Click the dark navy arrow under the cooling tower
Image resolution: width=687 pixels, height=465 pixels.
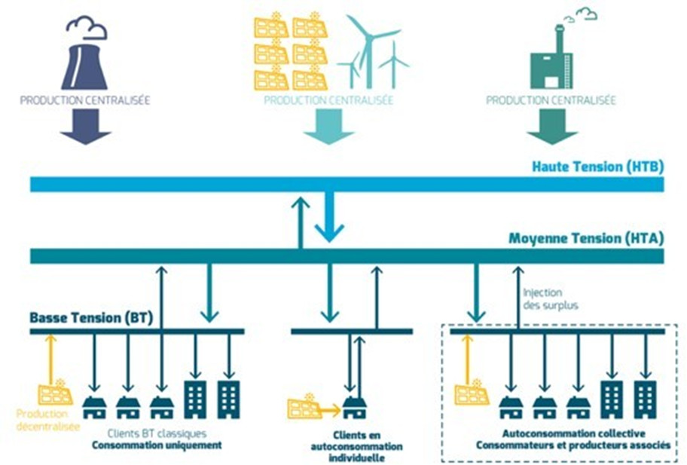pos(85,127)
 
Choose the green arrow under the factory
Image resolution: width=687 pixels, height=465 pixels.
pos(551,127)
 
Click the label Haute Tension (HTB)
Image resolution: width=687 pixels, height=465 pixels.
pos(597,167)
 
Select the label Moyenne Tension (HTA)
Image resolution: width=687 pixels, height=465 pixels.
pos(585,239)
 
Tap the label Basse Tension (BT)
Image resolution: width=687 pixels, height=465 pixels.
pos(90,318)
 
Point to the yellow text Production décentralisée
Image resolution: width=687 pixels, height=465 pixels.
pos(44,421)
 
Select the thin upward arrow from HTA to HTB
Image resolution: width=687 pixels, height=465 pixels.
pos(301,222)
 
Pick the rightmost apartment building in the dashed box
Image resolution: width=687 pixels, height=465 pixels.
pos(645,399)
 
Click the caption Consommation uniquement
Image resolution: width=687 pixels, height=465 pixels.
pos(157,445)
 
